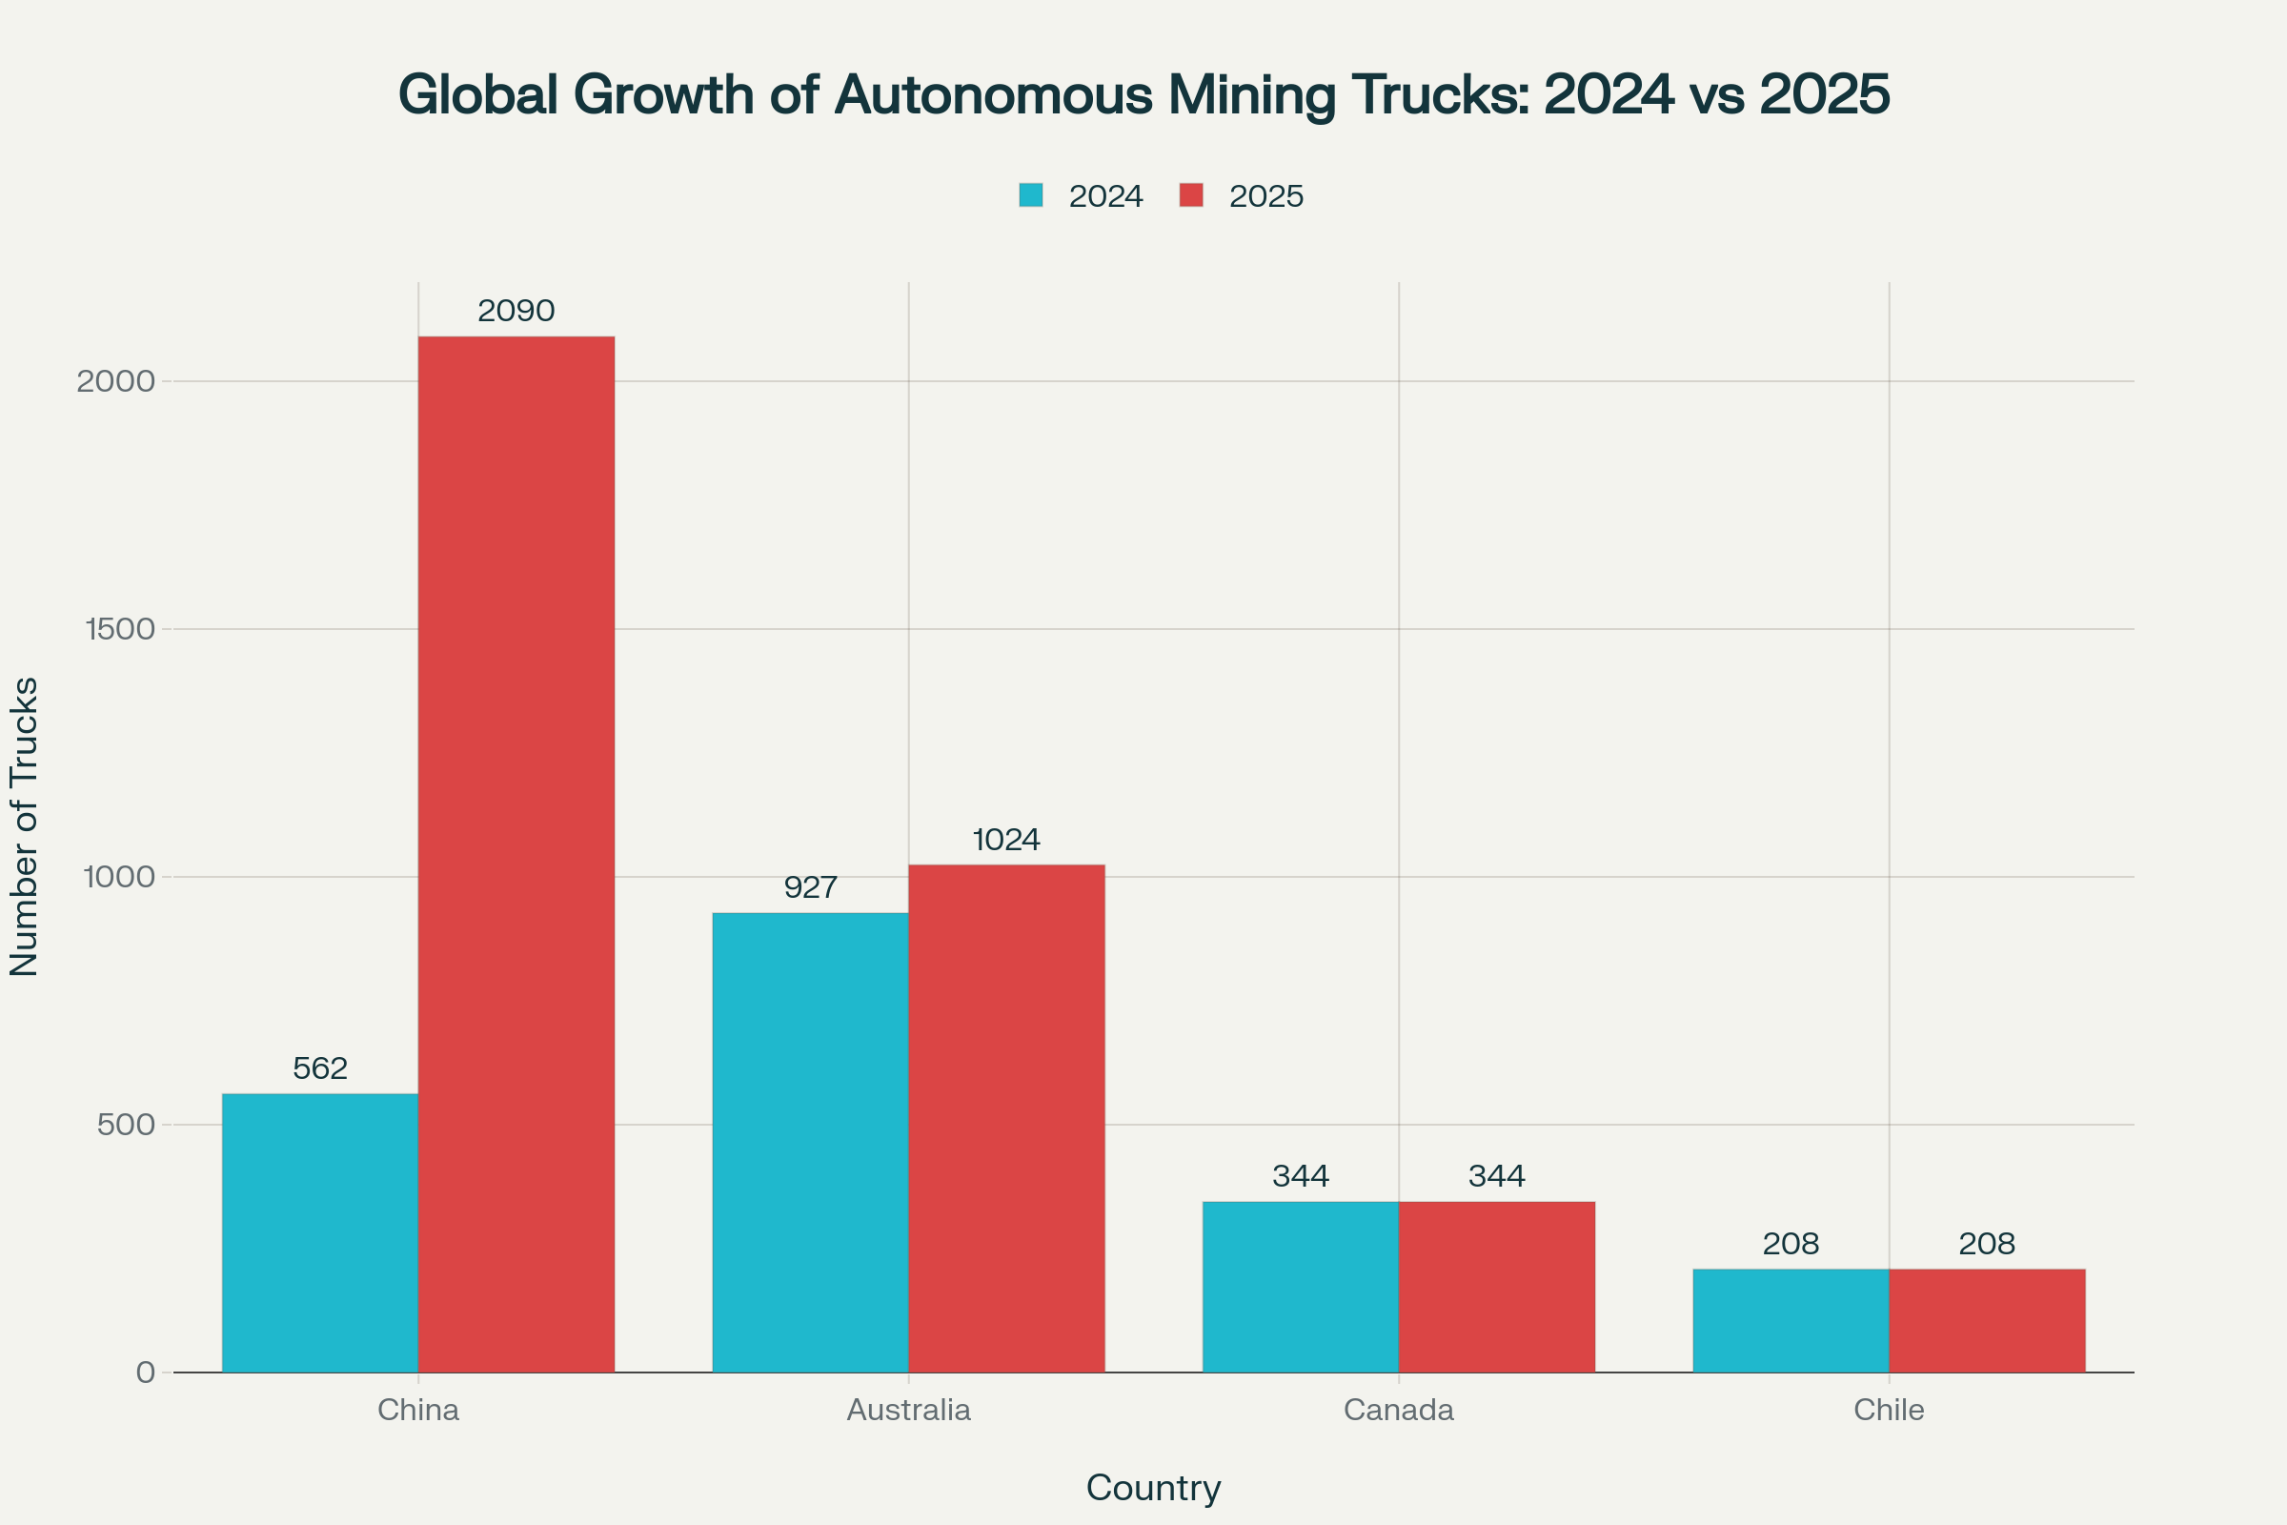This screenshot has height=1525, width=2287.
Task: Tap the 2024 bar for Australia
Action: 810,1142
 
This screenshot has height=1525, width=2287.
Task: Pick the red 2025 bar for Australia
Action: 1006,1118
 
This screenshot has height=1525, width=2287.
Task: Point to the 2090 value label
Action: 516,312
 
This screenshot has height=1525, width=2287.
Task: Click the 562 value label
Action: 320,1068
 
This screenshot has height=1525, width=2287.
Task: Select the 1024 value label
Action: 1006,840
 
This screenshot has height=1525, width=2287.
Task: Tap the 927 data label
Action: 810,887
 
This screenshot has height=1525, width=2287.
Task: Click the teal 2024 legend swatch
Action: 1031,195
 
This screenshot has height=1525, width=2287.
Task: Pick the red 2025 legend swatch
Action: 1191,195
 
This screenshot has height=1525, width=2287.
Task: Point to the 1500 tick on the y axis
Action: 121,629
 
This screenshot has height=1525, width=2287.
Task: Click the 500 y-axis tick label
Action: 127,1126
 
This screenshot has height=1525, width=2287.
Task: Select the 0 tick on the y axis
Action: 146,1372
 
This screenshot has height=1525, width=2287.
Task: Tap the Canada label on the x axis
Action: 1398,1411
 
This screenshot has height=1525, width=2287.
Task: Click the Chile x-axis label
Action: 1889,1411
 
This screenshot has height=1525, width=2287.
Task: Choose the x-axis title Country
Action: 1153,1488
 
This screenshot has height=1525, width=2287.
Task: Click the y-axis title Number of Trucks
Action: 25,826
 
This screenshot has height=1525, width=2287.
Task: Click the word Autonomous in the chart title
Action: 994,95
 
